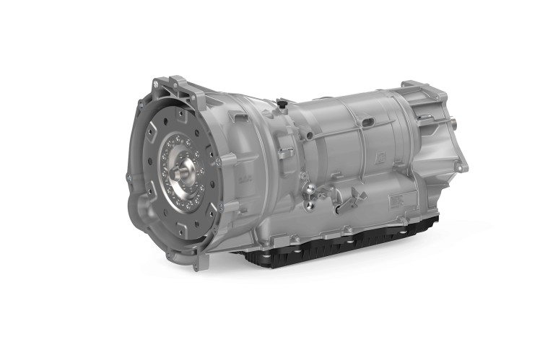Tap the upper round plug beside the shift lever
tap(310, 189)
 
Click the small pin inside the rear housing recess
tap(426, 116)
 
